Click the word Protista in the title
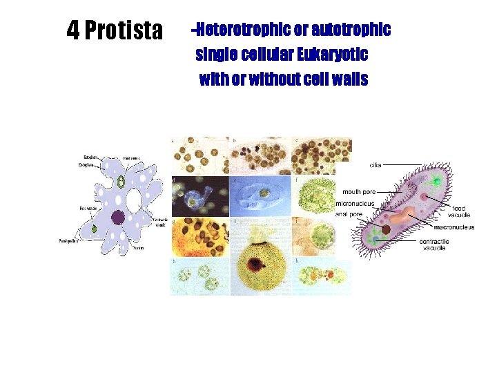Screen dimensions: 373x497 point(124,30)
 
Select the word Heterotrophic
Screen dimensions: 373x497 point(238,30)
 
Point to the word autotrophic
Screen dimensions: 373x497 point(351,30)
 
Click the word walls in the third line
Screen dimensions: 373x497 point(349,79)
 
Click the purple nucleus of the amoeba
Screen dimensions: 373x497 point(118,218)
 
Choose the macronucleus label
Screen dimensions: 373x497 point(454,227)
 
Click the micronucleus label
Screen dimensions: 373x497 point(355,204)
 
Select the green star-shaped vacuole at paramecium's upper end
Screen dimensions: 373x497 point(436,182)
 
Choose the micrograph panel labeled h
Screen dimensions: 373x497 point(200,276)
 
